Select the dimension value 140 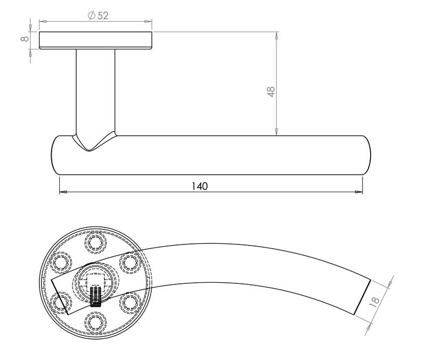coord(199,186)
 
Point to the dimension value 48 coord(271,91)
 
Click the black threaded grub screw coord(96,297)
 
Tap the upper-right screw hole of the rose coord(129,262)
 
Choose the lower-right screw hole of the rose coord(129,302)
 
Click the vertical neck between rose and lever coord(95,91)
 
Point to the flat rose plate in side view coord(96,40)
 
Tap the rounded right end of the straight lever coord(366,155)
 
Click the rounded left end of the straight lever coord(56,155)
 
